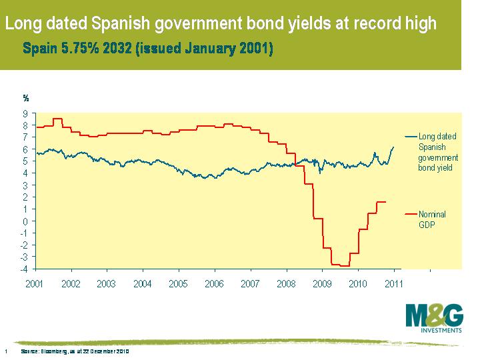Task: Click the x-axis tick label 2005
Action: click(178, 283)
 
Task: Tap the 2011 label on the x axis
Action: click(394, 283)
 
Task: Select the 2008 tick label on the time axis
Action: click(286, 283)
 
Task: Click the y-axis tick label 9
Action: click(25, 113)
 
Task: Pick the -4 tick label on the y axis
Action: click(24, 269)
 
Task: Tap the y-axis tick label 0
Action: click(25, 221)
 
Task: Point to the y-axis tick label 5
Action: click(25, 161)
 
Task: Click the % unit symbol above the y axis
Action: click(26, 98)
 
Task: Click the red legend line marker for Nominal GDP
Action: click(410, 214)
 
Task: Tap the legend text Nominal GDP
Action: click(432, 219)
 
